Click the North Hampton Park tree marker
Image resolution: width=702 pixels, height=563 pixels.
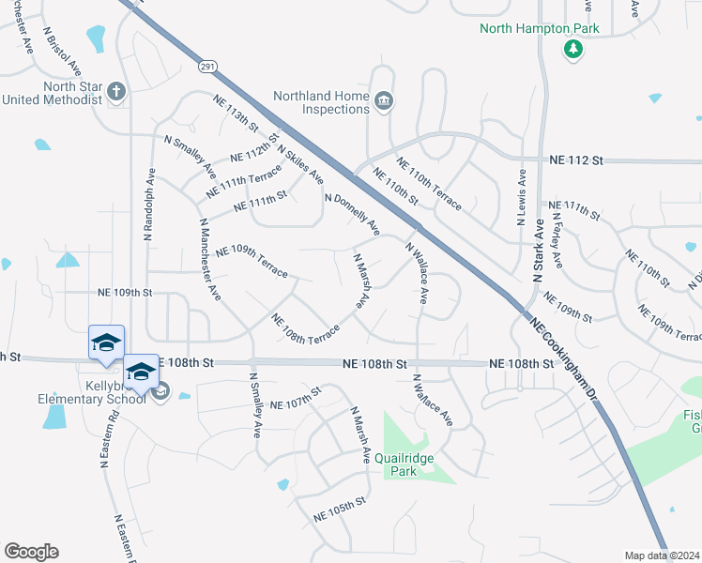572,49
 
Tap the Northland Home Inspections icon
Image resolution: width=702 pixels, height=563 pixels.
383,101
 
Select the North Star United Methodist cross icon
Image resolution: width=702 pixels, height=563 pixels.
115,92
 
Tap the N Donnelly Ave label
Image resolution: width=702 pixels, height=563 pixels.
352,215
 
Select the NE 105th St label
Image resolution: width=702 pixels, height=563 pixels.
338,510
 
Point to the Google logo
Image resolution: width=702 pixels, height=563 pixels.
31,552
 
